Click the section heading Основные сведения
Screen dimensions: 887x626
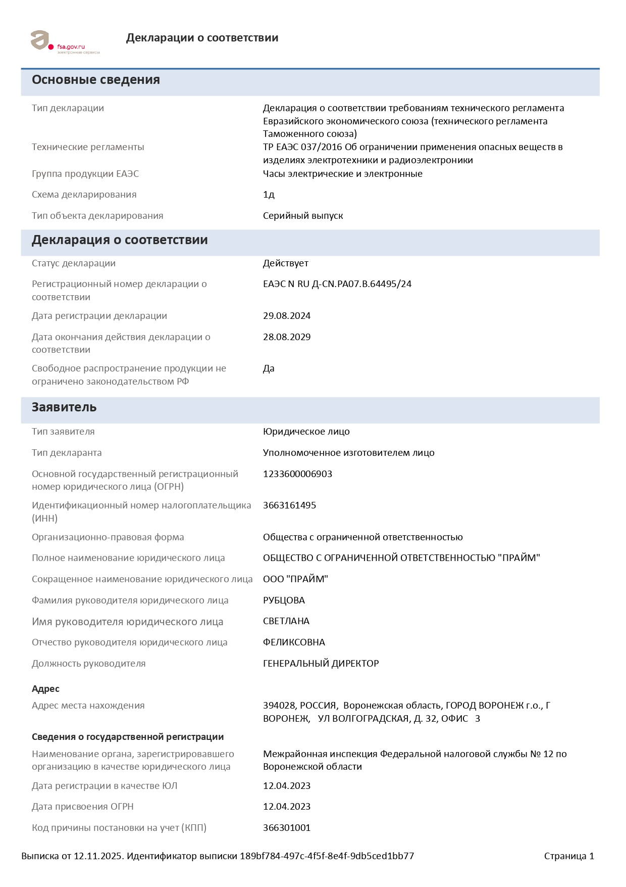click(96, 80)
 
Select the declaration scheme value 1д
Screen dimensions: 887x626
click(269, 195)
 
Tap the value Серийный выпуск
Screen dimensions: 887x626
click(303, 216)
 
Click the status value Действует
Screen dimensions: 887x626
click(285, 263)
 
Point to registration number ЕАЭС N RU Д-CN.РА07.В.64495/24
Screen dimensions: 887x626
click(337, 284)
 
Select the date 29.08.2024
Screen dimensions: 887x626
click(287, 316)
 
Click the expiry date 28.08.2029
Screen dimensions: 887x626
click(287, 337)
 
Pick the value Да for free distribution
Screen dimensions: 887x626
click(269, 368)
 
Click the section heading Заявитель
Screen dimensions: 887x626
click(64, 407)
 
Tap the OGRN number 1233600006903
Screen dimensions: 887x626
click(297, 474)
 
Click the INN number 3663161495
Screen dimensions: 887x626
click(289, 505)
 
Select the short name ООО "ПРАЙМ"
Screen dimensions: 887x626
click(295, 579)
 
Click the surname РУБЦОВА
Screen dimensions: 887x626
click(284, 600)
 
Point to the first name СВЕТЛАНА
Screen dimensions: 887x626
click(286, 621)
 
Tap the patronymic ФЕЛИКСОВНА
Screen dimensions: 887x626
click(294, 642)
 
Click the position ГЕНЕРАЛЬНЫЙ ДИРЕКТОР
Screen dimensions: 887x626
click(321, 664)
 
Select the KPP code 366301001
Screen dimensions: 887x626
click(287, 828)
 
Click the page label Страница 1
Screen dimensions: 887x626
click(569, 856)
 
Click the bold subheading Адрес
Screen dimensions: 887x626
click(45, 689)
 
